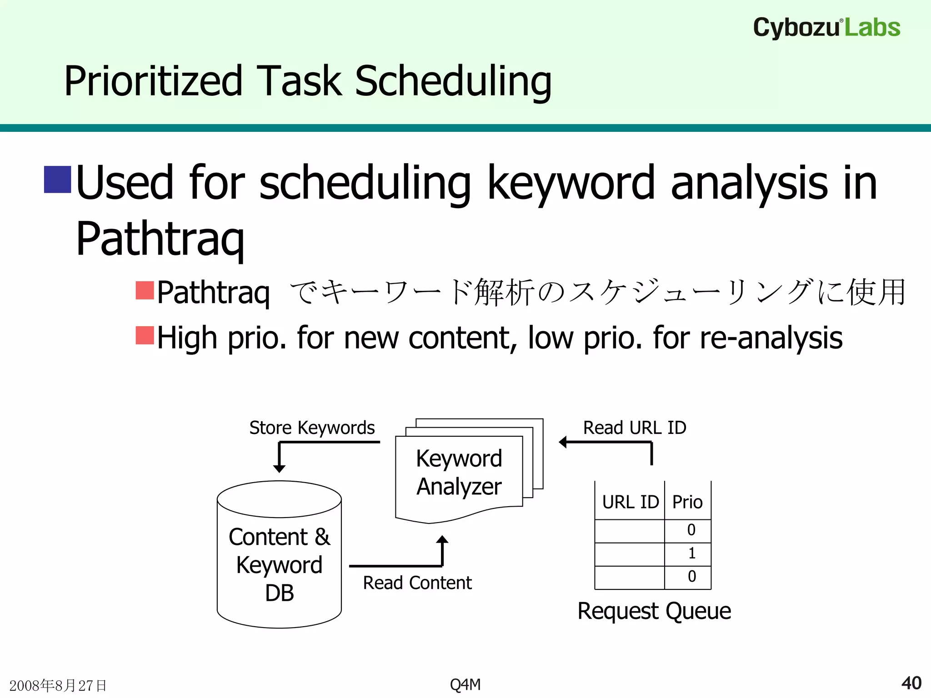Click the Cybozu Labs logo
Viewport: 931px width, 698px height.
[x=826, y=27]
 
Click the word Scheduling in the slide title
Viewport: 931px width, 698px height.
[x=453, y=81]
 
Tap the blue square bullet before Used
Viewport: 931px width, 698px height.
[x=57, y=179]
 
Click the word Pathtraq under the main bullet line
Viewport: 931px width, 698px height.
[x=160, y=239]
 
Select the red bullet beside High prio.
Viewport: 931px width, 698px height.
[x=145, y=335]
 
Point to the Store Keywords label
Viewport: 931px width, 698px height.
[x=312, y=428]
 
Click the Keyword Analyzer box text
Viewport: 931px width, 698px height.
[x=459, y=473]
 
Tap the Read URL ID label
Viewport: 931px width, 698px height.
[x=635, y=428]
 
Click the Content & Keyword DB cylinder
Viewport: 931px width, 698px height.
[x=279, y=563]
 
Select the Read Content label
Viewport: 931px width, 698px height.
[x=417, y=583]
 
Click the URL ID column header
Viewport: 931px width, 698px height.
[x=630, y=502]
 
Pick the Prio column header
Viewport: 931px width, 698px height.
[x=687, y=502]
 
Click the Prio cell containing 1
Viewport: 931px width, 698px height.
[x=691, y=553]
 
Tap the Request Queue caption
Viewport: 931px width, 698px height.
[x=654, y=611]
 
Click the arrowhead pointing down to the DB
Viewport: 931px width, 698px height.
[x=279, y=469]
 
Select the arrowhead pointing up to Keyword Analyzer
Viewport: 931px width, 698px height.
[x=442, y=540]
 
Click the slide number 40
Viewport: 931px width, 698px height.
[x=911, y=683]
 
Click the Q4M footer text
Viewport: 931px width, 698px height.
[x=465, y=684]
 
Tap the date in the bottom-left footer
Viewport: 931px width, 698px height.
[x=58, y=685]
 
